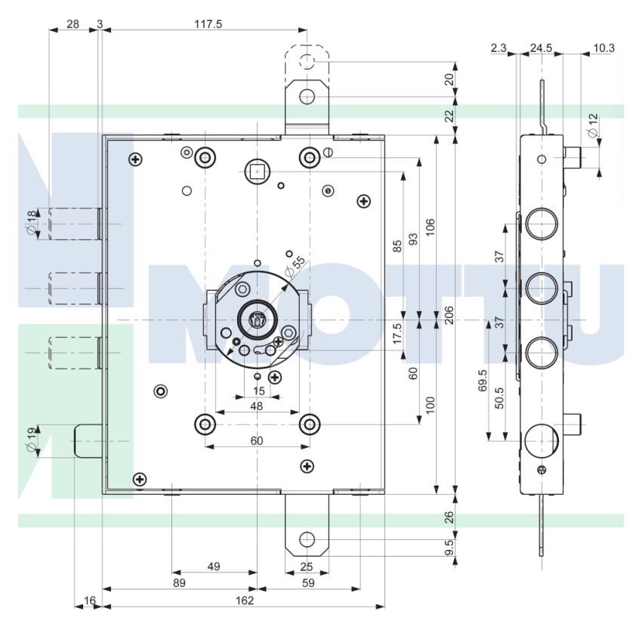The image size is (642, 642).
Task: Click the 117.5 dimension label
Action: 208,24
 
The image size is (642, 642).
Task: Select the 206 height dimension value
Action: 448,315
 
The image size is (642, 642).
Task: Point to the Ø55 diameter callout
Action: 295,266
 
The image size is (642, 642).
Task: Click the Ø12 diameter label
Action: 593,124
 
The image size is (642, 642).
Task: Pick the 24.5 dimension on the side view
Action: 541,48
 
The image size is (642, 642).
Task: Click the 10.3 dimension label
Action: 603,48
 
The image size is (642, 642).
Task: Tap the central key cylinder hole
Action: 258,320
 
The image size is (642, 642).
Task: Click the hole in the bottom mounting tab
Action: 307,539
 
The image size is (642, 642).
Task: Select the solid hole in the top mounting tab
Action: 307,97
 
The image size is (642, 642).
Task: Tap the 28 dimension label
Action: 73,24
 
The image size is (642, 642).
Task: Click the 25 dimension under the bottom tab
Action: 306,566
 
